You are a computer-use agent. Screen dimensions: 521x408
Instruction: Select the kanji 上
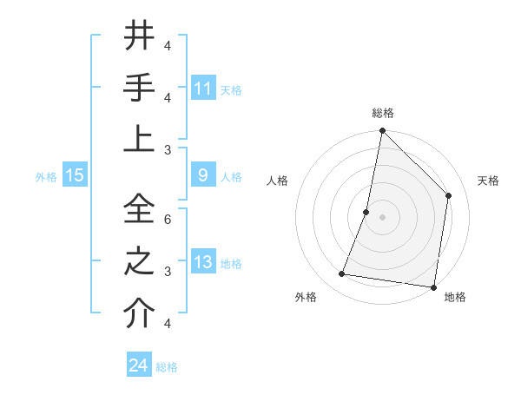coord(139,139)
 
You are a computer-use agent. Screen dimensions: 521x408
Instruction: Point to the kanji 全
coord(139,208)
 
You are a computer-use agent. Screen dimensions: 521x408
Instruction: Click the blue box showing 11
coord(203,89)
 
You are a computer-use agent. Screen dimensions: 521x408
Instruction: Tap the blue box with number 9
coord(203,175)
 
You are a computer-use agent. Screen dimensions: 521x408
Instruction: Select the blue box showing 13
coord(203,262)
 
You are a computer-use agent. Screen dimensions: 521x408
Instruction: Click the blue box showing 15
coord(75,175)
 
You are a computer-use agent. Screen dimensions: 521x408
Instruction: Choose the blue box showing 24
coord(139,365)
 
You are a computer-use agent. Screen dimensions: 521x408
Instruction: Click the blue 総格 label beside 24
coord(167,367)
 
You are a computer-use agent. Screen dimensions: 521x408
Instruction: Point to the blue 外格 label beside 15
coord(46,176)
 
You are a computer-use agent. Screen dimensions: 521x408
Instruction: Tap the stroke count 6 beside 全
coord(167,220)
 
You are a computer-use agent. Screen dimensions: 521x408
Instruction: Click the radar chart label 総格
coord(382,113)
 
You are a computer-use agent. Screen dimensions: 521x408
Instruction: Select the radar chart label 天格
coord(488,181)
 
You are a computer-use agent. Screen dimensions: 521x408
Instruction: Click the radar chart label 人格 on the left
coord(277,181)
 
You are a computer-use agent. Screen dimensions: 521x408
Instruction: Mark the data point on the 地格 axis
coord(433,286)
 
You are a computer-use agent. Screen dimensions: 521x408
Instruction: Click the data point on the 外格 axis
coord(342,274)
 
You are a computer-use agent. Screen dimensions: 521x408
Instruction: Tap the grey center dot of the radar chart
coord(382,217)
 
